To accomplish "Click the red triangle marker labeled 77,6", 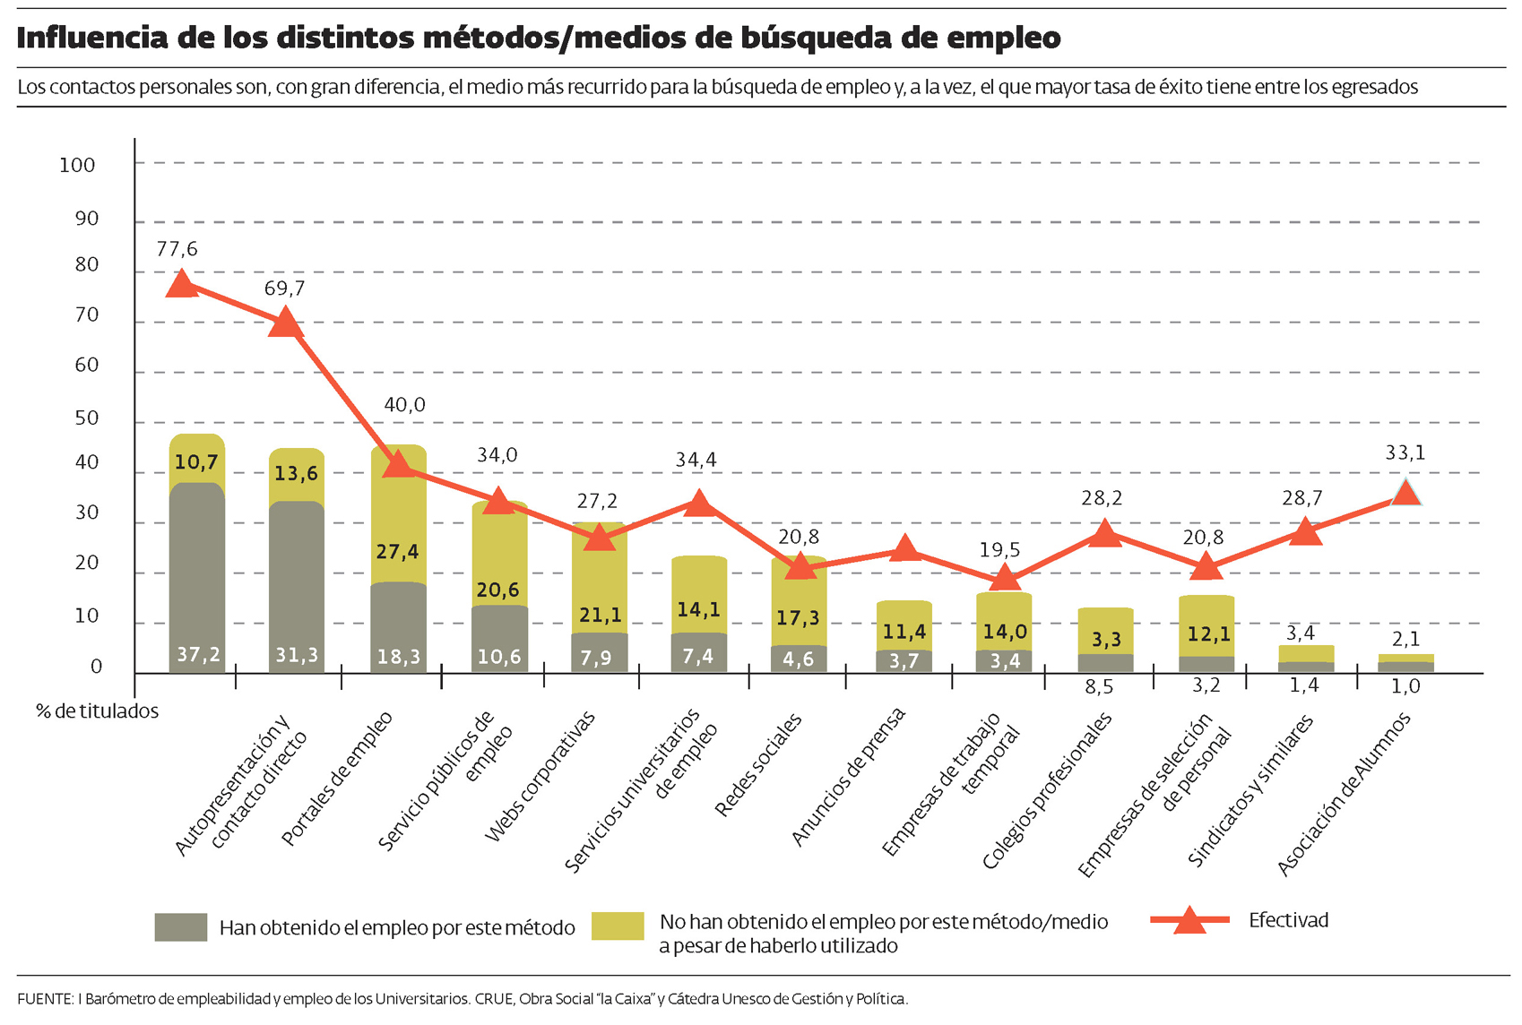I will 182,285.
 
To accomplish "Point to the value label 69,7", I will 284,289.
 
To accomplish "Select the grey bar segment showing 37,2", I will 197,578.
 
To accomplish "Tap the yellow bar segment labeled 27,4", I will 398,515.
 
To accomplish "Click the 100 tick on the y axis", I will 77,165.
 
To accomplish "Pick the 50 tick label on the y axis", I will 87,418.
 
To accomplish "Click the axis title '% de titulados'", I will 97,711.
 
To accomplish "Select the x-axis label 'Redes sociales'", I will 758,765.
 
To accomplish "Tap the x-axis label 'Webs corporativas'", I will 540,777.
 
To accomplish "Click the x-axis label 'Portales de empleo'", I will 336,779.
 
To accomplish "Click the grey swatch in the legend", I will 181,927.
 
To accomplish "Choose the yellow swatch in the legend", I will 618,926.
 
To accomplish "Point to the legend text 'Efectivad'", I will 1288,920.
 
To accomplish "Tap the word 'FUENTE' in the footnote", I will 44,999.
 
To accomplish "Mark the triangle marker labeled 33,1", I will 1405,492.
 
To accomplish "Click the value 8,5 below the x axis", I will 1099,686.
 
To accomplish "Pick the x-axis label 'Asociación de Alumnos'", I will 1343,794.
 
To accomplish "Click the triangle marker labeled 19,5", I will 1005,577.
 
